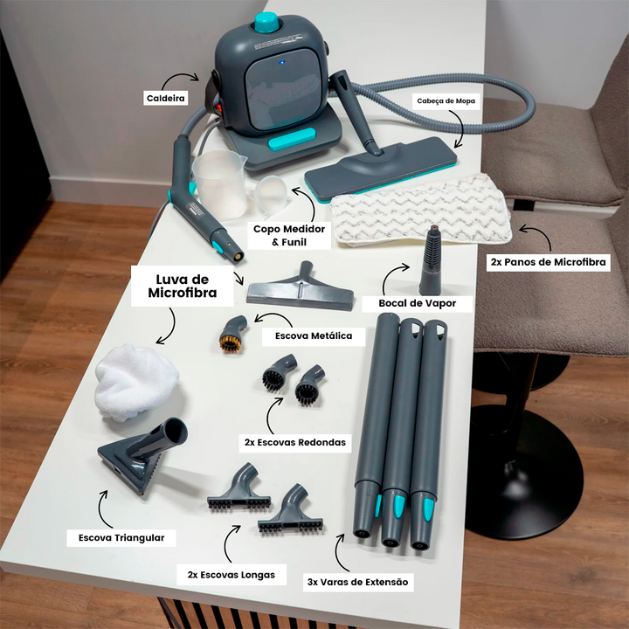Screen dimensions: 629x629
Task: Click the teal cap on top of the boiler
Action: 266,22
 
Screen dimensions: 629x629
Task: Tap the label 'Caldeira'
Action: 166,98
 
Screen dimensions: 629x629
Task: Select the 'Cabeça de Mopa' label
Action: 446,101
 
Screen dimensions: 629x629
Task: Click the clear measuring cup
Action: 220,184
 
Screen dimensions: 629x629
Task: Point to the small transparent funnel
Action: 270,195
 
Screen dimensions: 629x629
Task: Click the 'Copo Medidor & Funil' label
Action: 289,236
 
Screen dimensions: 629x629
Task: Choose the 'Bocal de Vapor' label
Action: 418,303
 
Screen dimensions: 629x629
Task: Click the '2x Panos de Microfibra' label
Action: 548,262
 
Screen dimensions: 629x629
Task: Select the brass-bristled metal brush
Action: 232,334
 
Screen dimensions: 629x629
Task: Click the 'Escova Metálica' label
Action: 314,336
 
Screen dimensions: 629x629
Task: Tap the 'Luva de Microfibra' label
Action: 183,286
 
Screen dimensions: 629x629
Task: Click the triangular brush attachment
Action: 142,455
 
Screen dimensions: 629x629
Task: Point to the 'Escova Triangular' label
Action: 121,538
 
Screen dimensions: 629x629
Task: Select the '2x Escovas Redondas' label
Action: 295,443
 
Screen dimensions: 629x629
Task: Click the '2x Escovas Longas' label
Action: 231,575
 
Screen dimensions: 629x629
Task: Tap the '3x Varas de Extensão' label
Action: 358,582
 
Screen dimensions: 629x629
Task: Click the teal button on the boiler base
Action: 292,139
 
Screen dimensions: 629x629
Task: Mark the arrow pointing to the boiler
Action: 180,78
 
